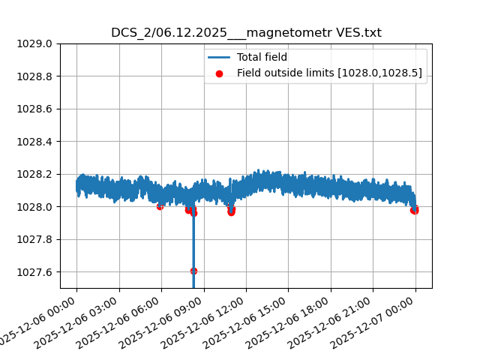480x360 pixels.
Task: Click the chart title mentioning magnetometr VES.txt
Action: (x=246, y=33)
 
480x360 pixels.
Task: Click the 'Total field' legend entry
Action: (x=262, y=57)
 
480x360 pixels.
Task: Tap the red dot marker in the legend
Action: (x=219, y=73)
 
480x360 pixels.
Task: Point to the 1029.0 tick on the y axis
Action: (x=36, y=43)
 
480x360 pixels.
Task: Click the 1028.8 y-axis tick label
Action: (x=36, y=76)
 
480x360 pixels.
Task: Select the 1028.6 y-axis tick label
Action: (x=36, y=109)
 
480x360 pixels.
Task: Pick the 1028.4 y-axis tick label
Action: (x=36, y=142)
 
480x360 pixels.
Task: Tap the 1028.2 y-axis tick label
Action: (x=36, y=174)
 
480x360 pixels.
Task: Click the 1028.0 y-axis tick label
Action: (x=36, y=207)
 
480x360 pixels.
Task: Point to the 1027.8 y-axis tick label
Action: (x=36, y=239)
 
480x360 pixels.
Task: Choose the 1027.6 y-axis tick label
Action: (x=36, y=272)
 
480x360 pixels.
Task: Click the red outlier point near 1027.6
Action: (x=193, y=271)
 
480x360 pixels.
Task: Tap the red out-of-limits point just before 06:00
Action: (x=160, y=206)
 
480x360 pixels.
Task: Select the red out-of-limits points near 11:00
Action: (x=231, y=211)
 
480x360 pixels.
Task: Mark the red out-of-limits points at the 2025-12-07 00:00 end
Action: (x=414, y=210)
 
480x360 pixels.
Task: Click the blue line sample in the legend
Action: (x=219, y=57)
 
